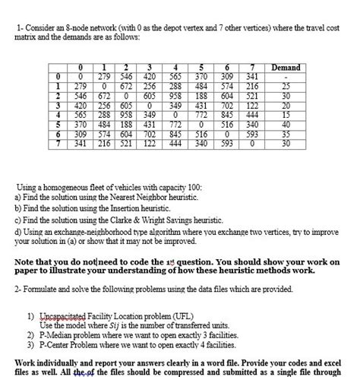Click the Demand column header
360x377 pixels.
point(286,68)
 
